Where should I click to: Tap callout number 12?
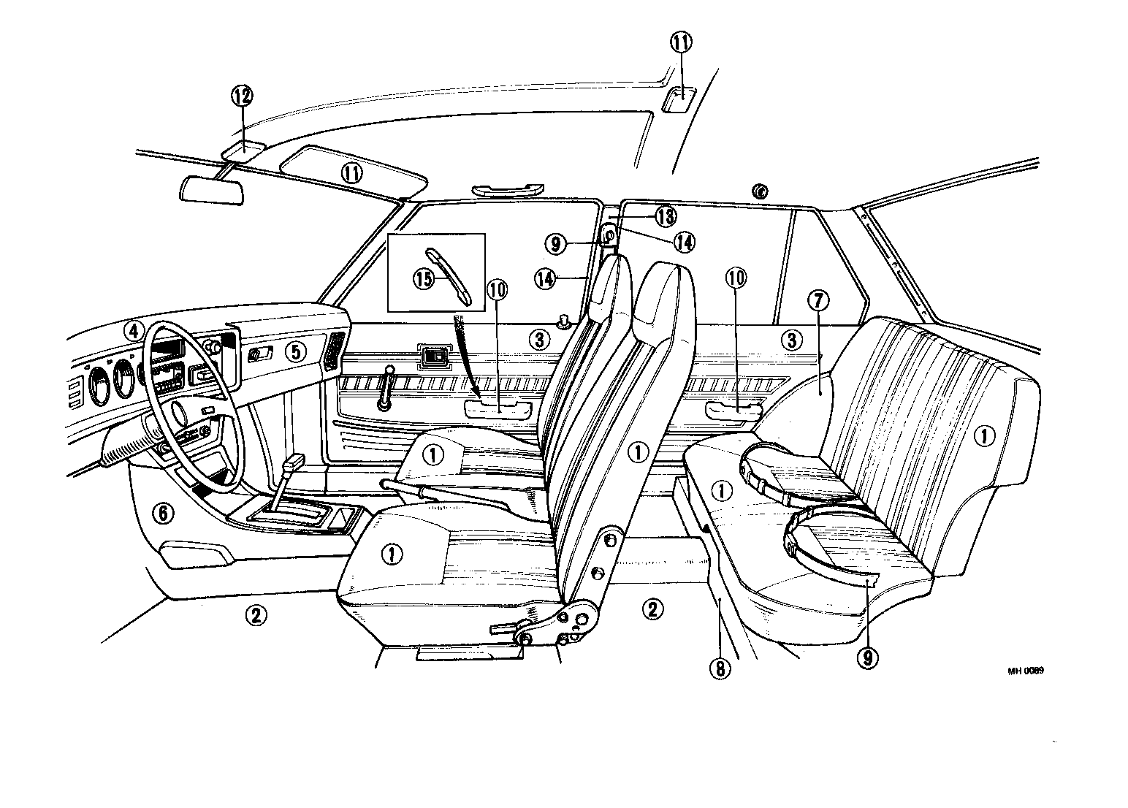pos(242,95)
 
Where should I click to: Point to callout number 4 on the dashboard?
pos(132,331)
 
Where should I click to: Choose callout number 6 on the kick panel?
pos(164,514)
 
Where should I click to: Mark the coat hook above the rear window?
pos(761,192)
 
